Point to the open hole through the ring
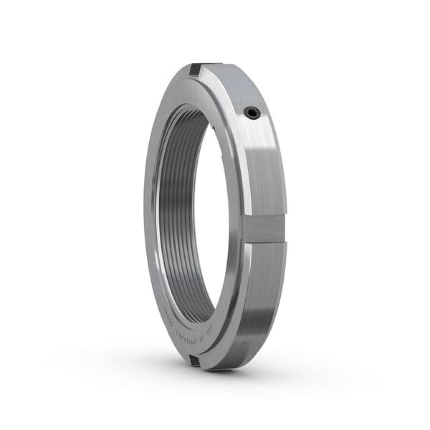[x=215, y=215]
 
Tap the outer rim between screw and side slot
[x=269, y=165]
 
